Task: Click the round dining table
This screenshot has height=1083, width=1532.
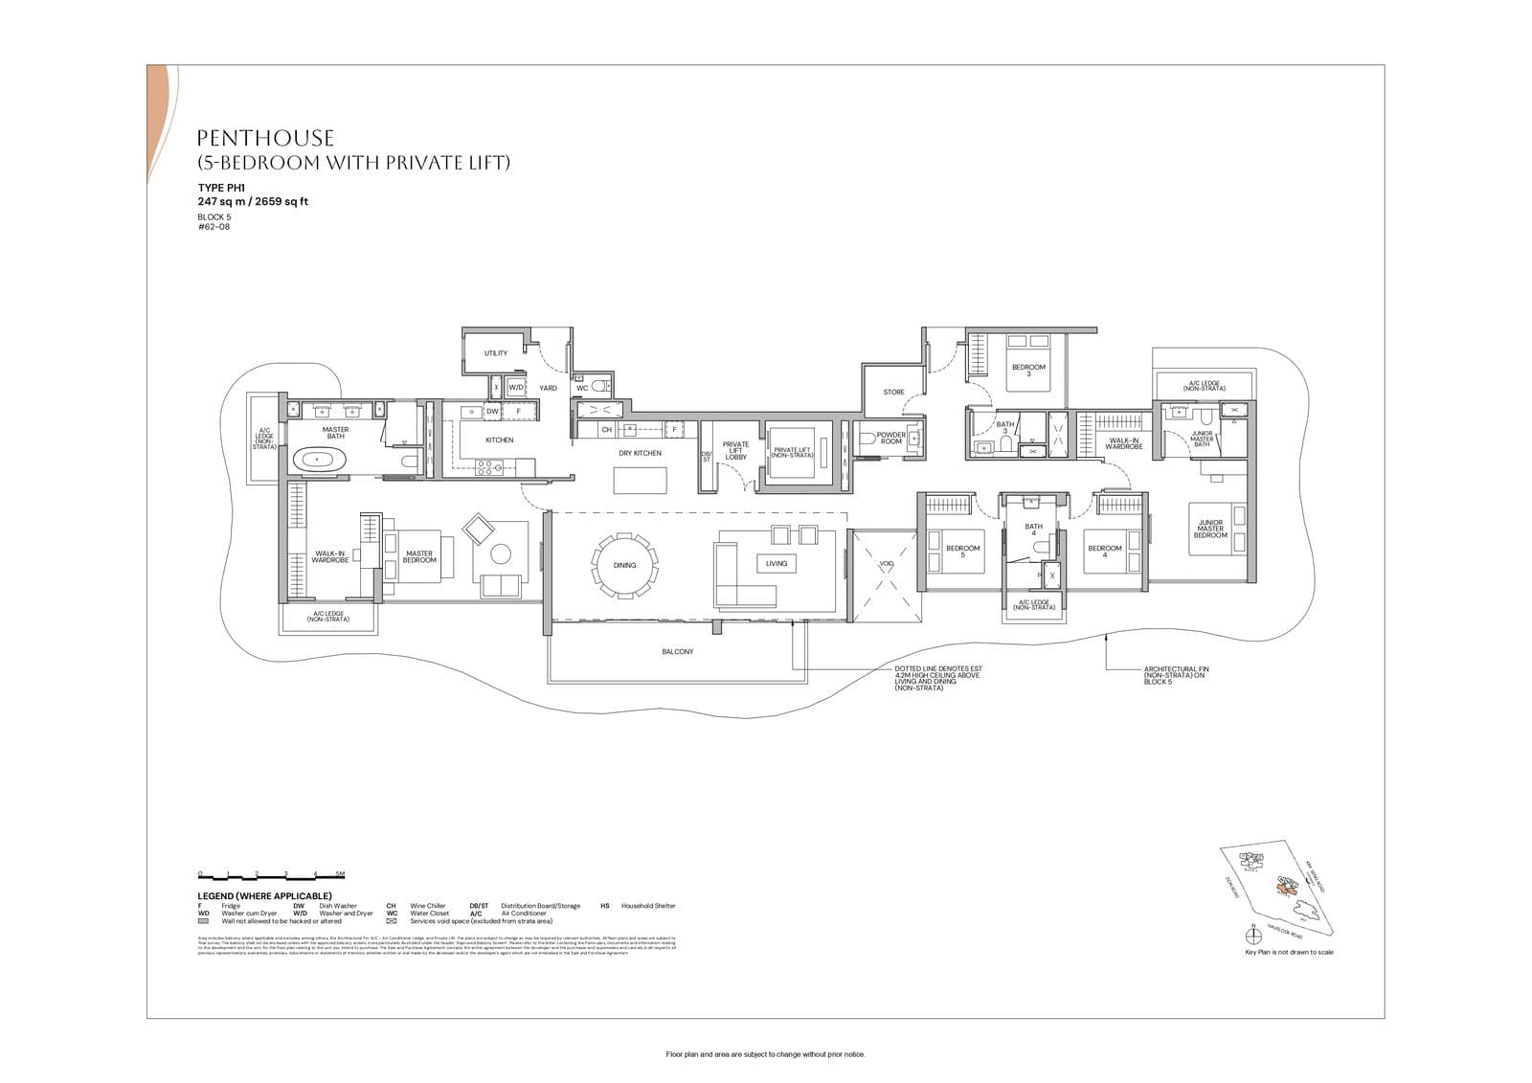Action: pyautogui.click(x=624, y=565)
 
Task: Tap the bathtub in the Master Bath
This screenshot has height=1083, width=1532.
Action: pyautogui.click(x=319, y=461)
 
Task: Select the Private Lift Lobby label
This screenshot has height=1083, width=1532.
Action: pyautogui.click(x=735, y=450)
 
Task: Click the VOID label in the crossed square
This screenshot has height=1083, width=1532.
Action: pyautogui.click(x=886, y=564)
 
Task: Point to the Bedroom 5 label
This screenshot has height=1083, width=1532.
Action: pyautogui.click(x=962, y=552)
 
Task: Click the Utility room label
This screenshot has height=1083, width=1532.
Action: pyautogui.click(x=495, y=353)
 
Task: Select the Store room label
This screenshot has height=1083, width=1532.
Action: pyautogui.click(x=893, y=392)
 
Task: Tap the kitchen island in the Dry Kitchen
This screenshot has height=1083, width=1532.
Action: pyautogui.click(x=640, y=480)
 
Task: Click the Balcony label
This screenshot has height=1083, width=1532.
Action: pyautogui.click(x=677, y=652)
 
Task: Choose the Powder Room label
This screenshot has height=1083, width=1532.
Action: pyautogui.click(x=890, y=438)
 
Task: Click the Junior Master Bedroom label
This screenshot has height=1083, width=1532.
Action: pyautogui.click(x=1210, y=529)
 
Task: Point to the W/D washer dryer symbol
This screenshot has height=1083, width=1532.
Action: pyautogui.click(x=515, y=388)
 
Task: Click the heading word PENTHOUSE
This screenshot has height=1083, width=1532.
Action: pyautogui.click(x=265, y=139)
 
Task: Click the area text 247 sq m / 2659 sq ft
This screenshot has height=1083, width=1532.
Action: pyautogui.click(x=253, y=202)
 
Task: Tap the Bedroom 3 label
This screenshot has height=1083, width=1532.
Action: pyautogui.click(x=1028, y=370)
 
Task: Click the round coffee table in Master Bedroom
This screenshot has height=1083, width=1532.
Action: pyautogui.click(x=501, y=553)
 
